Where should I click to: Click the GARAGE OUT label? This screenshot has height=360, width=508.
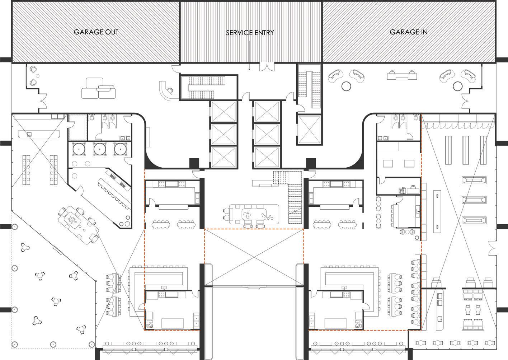click(x=96, y=32)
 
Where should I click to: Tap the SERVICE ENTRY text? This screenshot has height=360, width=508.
click(x=250, y=33)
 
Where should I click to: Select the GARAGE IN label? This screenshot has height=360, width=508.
click(x=409, y=32)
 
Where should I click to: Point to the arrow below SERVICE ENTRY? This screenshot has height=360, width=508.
click(x=249, y=55)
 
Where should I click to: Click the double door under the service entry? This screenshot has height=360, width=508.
click(x=267, y=67)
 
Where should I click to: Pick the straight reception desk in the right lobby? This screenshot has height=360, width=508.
click(x=402, y=75)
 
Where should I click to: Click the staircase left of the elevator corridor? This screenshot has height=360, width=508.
click(x=208, y=87)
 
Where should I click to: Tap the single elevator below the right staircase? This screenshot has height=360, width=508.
click(x=309, y=130)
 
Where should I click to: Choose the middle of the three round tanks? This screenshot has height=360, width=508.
click(x=100, y=149)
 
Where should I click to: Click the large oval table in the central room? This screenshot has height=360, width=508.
click(x=254, y=214)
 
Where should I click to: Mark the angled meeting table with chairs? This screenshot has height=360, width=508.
click(x=78, y=225)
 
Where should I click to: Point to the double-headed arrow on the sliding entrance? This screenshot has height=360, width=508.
click(x=254, y=289)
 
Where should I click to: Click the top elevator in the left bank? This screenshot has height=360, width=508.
click(x=224, y=112)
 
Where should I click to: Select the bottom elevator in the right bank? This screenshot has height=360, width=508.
click(x=267, y=157)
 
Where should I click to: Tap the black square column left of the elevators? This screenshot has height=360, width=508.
click(x=194, y=163)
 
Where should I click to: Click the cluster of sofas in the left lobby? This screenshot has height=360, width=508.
click(x=98, y=88)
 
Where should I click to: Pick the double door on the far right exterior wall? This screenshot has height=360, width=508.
click(x=492, y=249)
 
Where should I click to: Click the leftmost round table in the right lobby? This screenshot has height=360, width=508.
click(x=346, y=86)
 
